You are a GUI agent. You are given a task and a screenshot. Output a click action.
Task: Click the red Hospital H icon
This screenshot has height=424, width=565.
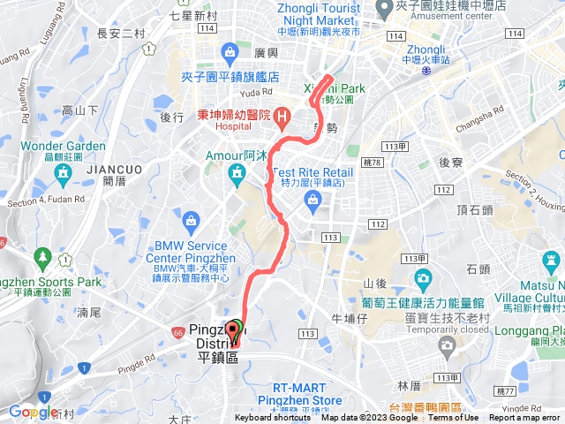[282, 116]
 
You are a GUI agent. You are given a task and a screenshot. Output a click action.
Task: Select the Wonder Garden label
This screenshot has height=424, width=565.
[63, 146]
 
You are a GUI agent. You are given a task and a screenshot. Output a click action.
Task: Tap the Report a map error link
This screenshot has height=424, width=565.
[524, 418]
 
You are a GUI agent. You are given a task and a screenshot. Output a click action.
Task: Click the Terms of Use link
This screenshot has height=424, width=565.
[453, 418]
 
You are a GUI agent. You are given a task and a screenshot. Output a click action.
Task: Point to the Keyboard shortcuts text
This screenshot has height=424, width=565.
[273, 418]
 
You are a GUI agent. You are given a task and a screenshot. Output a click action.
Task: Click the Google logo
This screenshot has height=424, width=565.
[34, 412]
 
